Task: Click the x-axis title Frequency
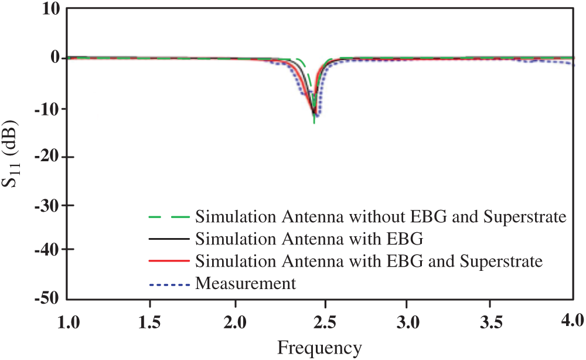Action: click(x=319, y=348)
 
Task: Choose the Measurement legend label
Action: click(x=246, y=284)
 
